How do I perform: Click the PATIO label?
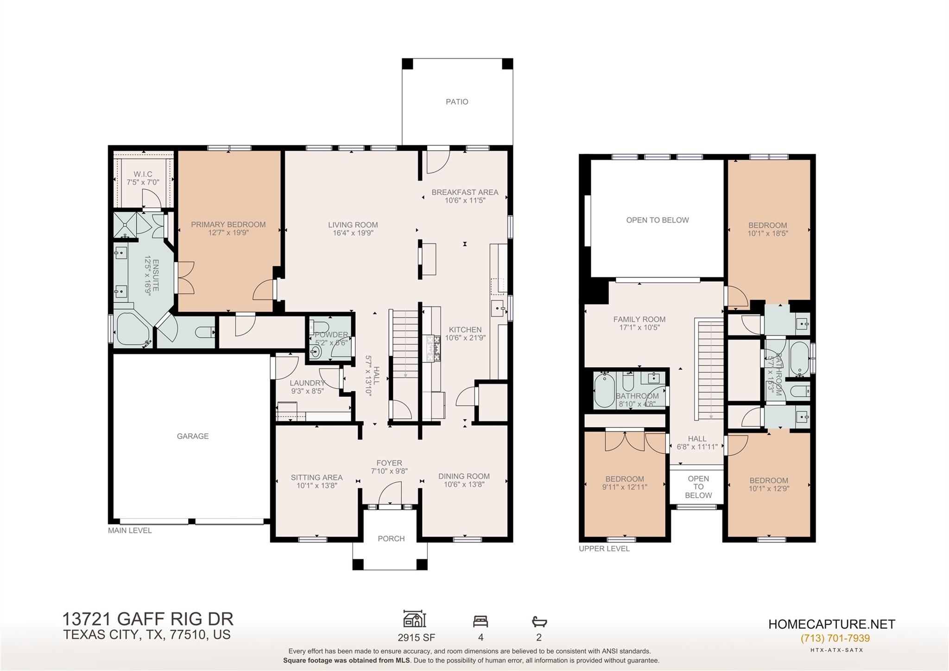tap(457, 102)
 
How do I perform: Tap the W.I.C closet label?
tap(143, 174)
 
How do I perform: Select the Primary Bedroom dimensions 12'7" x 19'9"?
tap(228, 233)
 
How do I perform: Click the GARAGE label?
tap(193, 436)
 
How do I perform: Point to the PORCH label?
tap(391, 538)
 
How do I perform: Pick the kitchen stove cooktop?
tap(433, 348)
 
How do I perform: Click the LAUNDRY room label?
tap(307, 383)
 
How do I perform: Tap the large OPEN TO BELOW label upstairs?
tap(657, 220)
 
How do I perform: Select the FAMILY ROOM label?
tap(639, 319)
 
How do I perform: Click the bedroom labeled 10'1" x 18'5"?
tap(767, 230)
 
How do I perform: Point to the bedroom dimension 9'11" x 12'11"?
tap(624, 487)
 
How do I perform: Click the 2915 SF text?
tap(416, 638)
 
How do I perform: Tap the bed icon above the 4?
tap(481, 621)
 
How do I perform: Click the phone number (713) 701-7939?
tap(835, 638)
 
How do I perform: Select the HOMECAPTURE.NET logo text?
tap(831, 624)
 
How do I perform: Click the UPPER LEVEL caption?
tap(604, 549)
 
